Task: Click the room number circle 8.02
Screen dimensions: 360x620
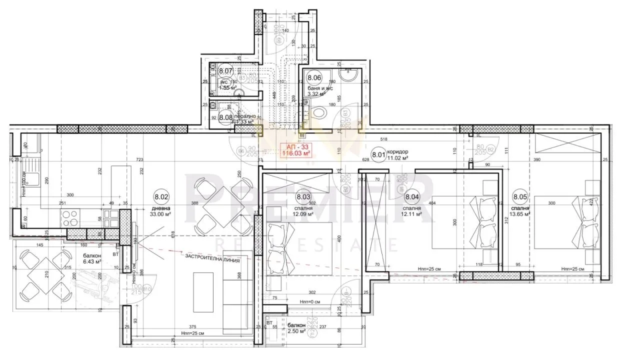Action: click(161, 197)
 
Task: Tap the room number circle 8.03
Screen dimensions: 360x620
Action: click(303, 197)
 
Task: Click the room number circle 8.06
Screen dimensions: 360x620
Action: click(314, 78)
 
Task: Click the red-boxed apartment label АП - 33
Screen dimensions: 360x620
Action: click(296, 150)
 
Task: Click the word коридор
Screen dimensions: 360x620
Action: click(398, 152)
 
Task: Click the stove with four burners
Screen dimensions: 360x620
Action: click(70, 218)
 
